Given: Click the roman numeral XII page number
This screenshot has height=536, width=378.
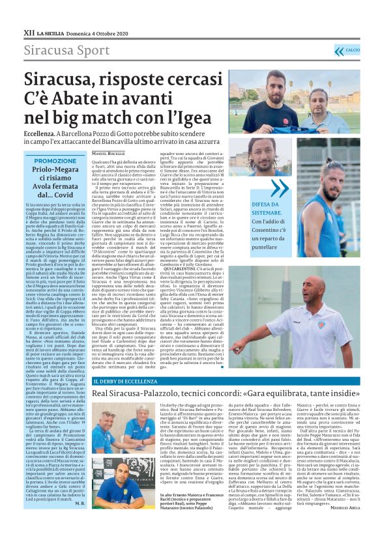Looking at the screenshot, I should click(29, 31).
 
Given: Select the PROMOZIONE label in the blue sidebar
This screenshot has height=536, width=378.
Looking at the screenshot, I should click(55, 161).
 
